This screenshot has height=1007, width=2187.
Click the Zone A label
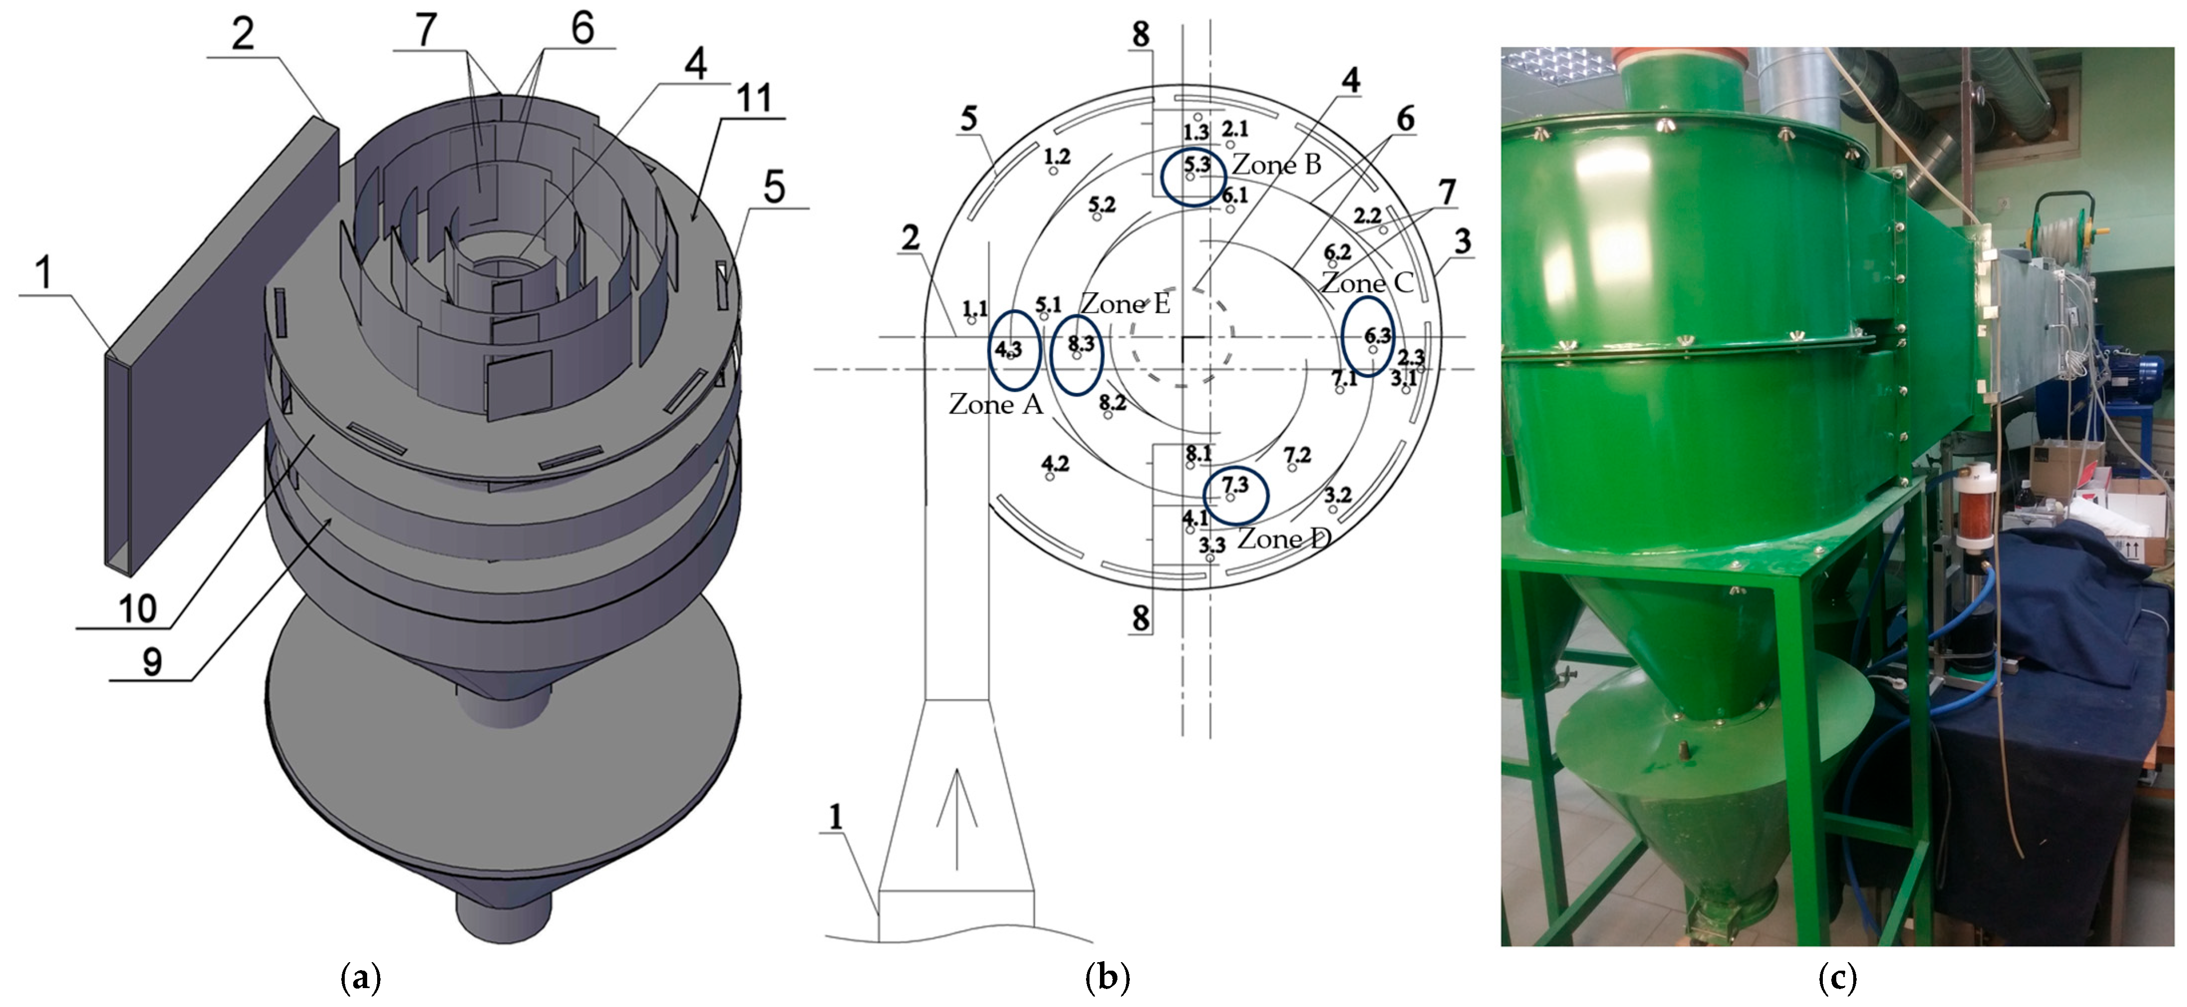tap(995, 404)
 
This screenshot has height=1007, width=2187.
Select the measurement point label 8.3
tap(1081, 343)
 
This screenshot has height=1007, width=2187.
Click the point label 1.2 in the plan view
tap(1057, 156)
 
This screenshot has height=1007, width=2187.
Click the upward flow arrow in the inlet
tap(957, 819)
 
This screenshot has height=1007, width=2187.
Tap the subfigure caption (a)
tap(360, 978)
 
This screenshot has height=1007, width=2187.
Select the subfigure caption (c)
tap(1837, 978)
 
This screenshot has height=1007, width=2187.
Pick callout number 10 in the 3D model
tap(137, 609)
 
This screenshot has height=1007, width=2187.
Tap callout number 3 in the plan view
tap(1462, 241)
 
